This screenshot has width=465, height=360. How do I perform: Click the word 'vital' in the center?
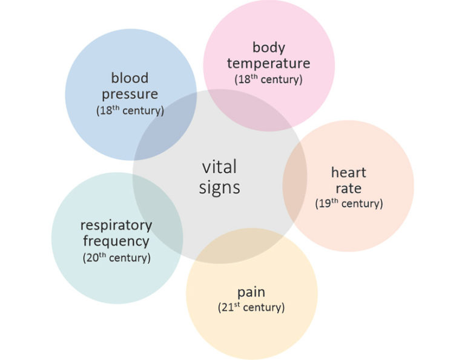coord(219,167)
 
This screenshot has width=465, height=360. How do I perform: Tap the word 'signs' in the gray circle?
coord(219,188)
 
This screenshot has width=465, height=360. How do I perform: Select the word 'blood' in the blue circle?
coord(130,78)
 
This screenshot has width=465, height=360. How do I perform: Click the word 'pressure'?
coord(130,95)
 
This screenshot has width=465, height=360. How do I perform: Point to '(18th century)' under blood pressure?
coord(130,111)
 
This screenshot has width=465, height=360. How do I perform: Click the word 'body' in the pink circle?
coord(268,47)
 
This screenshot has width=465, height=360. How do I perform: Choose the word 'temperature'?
coord(268,63)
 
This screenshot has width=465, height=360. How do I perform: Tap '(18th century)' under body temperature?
coord(268,79)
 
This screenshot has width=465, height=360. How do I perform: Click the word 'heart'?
coord(348,172)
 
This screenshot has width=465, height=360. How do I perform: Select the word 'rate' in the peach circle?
coord(348,188)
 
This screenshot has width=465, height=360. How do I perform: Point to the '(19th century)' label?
coord(349,204)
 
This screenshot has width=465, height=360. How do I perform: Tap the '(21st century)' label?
coord(251,307)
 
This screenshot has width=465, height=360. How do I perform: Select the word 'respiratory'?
coord(116,225)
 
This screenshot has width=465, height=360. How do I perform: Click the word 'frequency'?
coord(116,241)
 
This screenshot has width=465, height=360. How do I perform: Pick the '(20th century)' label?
coord(116,258)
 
